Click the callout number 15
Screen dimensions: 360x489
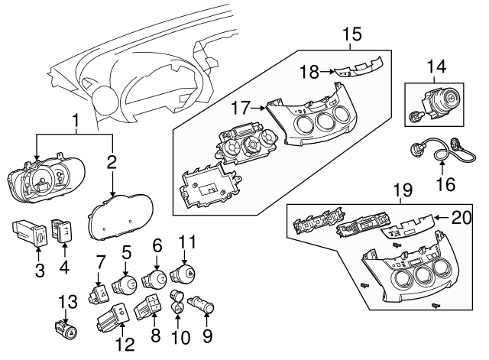pos(351,34)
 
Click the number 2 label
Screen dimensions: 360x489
pos(112,162)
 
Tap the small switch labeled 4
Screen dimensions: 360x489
pos(62,230)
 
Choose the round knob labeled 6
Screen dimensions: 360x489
pos(157,281)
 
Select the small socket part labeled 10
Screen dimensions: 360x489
pos(177,304)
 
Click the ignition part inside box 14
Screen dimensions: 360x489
pos(433,108)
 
